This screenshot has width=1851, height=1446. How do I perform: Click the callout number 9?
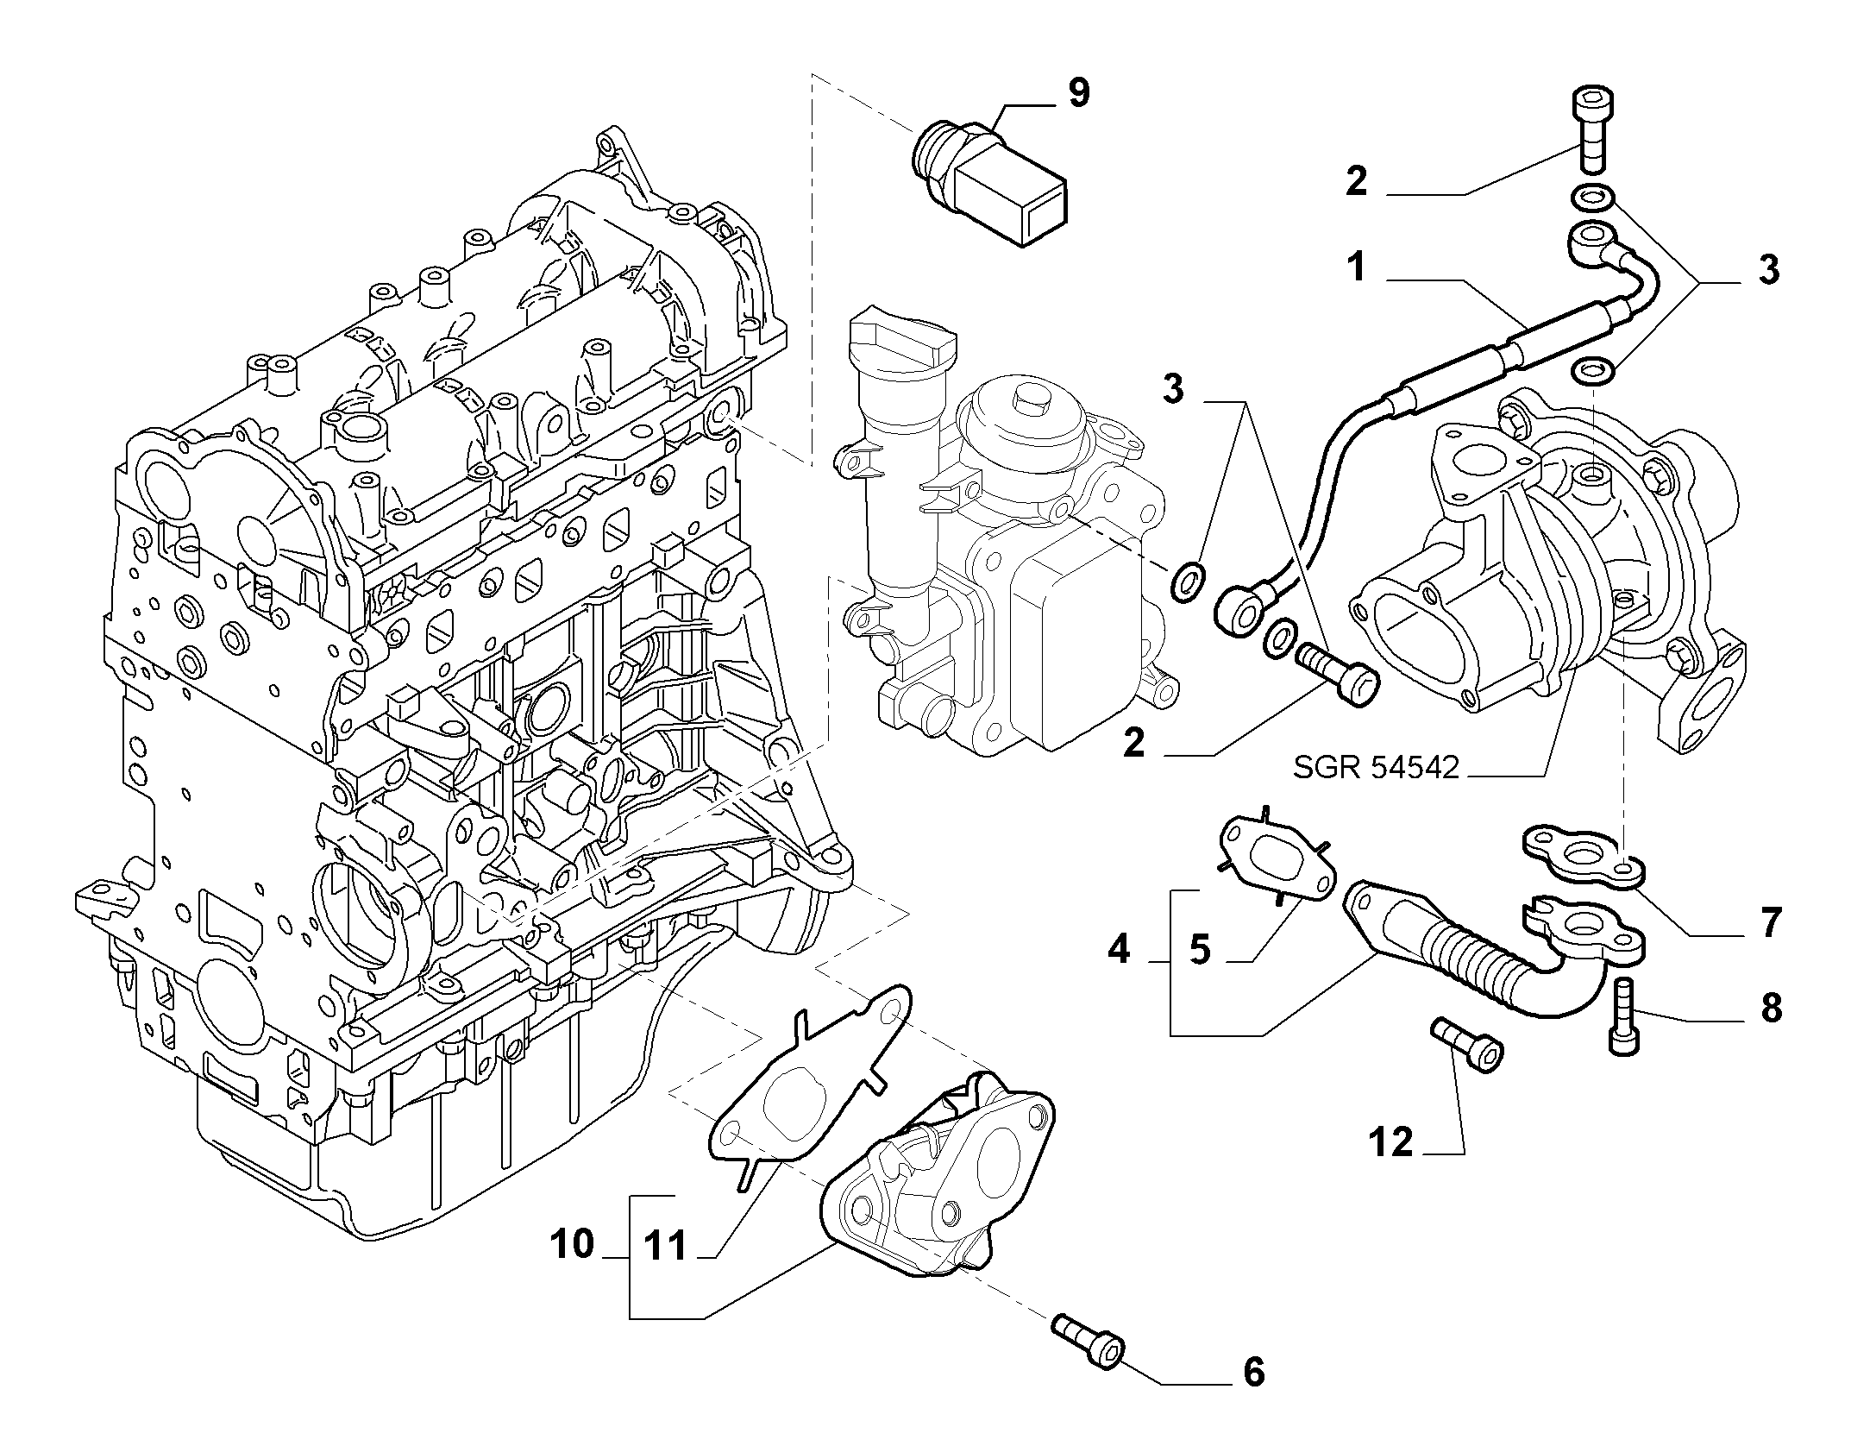coord(1078,92)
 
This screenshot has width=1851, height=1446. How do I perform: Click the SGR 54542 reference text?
coord(1376,766)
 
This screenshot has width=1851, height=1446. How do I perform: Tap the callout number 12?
coord(1390,1143)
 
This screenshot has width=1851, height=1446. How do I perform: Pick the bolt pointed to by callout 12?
coord(1467,1044)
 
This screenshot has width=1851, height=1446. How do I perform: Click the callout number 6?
coord(1253,1395)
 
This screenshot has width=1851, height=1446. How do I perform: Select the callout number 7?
coord(1769,923)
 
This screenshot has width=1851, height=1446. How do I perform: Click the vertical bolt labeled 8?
coord(1623,1017)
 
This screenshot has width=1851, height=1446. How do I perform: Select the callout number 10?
coord(572,1244)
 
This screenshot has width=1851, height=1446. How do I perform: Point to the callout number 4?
coord(1118,950)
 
